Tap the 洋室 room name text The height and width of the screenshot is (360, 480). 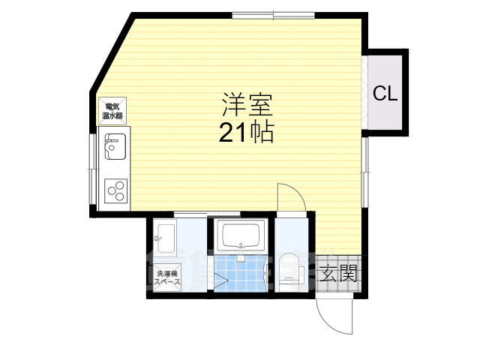[x=241, y=103]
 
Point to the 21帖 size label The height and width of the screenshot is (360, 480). [x=245, y=133]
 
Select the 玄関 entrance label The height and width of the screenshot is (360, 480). [x=337, y=274]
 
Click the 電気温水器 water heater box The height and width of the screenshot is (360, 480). [x=113, y=111]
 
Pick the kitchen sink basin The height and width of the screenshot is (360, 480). [x=115, y=145]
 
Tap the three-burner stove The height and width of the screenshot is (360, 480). [x=115, y=191]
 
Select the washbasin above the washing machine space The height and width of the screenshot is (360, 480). [x=165, y=238]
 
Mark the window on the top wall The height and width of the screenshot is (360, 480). [x=272, y=15]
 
